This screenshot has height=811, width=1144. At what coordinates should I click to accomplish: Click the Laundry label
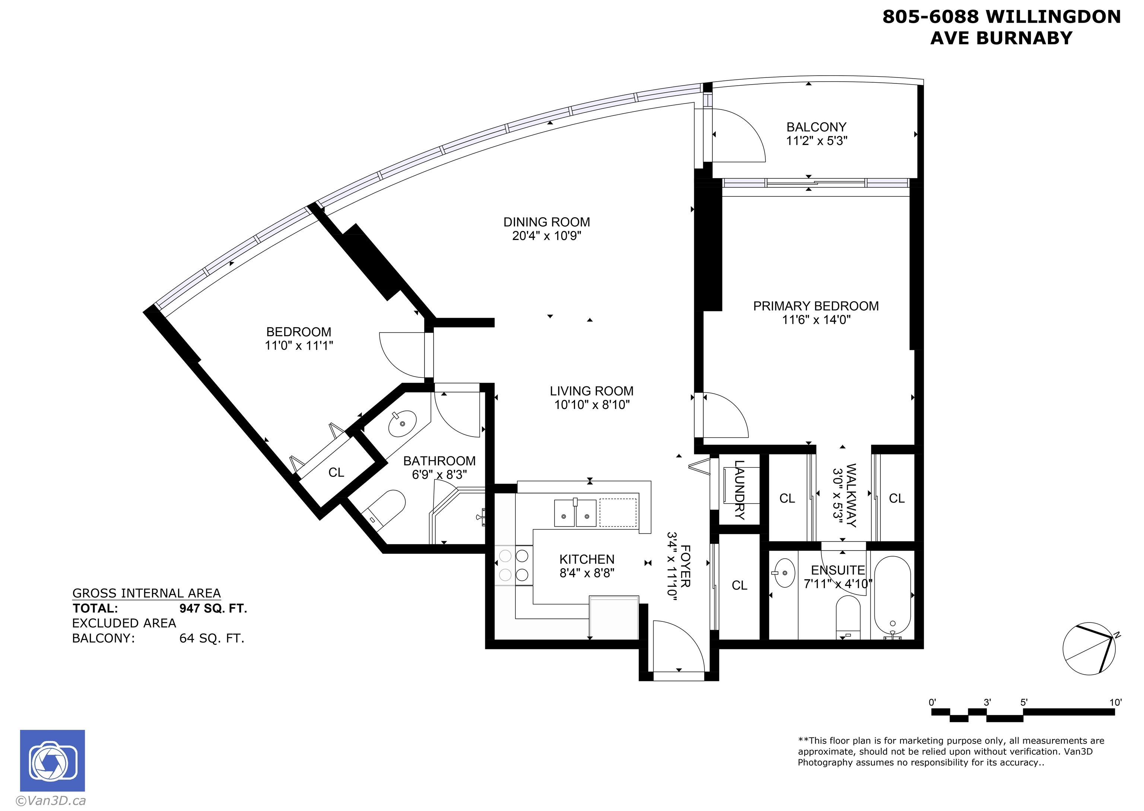740,490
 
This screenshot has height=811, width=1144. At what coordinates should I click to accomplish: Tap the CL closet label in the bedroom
336,472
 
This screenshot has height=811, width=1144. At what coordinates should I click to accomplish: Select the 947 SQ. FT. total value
213,608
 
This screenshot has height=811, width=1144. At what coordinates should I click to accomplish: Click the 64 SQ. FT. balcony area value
212,638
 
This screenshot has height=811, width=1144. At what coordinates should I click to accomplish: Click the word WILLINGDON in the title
1053,17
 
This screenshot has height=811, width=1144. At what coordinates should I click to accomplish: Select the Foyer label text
685,566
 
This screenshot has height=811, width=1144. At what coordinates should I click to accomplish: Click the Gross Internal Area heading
146,593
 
